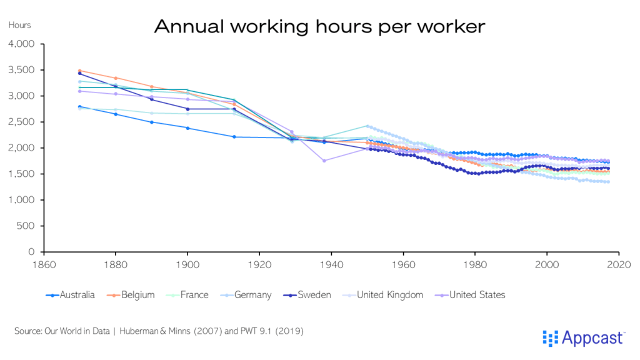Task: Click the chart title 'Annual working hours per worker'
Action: point(319,26)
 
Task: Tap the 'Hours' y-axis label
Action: point(20,26)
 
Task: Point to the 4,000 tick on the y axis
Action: point(22,44)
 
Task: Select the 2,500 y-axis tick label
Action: point(22,122)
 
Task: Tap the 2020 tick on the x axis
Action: point(618,264)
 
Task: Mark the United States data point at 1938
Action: point(324,161)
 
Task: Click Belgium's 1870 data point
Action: point(79,71)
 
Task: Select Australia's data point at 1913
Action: point(234,137)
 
